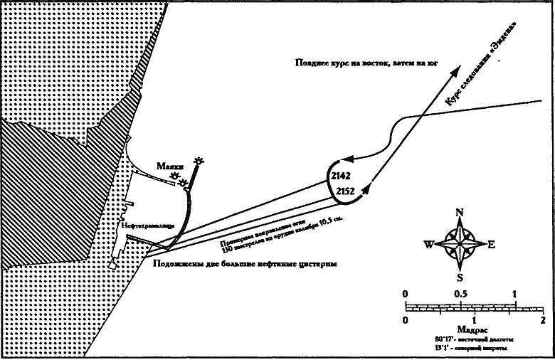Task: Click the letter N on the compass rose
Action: [x=460, y=213]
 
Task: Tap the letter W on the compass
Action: [x=429, y=245]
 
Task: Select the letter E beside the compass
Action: [x=491, y=244]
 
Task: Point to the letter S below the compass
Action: [x=460, y=277]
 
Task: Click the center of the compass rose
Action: [x=460, y=244]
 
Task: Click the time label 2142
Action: [x=342, y=175]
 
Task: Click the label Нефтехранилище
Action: [x=147, y=226]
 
